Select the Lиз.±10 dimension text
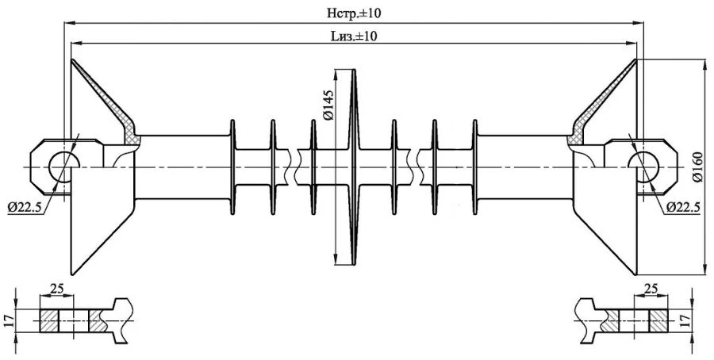pyautogui.click(x=354, y=36)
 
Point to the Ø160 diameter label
pyautogui.click(x=697, y=168)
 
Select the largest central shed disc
pyautogui.click(x=354, y=167)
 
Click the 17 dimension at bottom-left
pyautogui.click(x=9, y=320)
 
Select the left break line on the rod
pyautogui.click(x=296, y=167)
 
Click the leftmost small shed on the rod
pyautogui.click(x=233, y=167)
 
